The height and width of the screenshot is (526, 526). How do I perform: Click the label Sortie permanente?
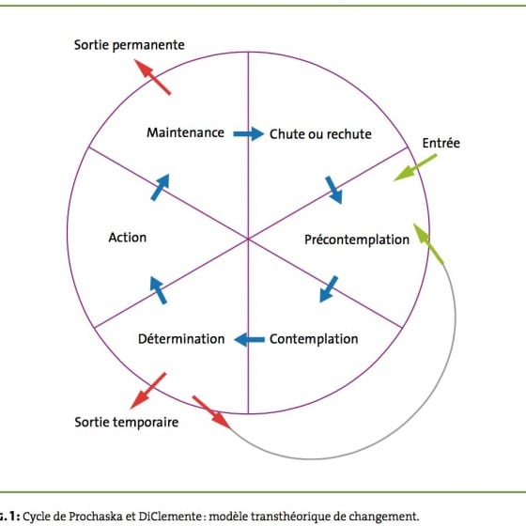click(130, 45)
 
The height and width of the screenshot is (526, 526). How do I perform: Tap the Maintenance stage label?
click(186, 132)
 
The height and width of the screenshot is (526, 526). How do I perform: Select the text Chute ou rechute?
click(320, 134)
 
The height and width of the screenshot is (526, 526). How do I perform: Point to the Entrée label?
click(441, 143)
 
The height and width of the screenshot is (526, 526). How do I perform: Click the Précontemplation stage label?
click(357, 240)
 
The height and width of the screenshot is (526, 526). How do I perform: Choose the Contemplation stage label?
click(314, 339)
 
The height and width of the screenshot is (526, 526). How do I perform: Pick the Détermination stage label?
click(181, 339)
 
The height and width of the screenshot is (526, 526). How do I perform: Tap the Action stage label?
click(128, 238)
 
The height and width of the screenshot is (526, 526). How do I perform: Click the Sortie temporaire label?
click(127, 422)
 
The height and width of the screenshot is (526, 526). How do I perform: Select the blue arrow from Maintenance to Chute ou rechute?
click(249, 133)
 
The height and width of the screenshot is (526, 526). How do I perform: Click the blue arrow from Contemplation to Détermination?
click(249, 340)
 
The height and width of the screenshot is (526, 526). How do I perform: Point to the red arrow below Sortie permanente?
click(152, 77)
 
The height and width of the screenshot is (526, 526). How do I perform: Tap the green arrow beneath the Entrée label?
click(415, 167)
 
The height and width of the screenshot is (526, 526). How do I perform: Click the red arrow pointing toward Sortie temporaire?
click(148, 391)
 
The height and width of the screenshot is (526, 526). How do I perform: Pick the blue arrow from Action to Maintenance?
click(160, 187)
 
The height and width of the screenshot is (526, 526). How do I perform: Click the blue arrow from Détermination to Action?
click(159, 290)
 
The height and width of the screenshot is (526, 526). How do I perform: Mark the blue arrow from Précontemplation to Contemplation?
click(329, 289)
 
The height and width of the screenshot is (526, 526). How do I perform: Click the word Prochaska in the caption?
click(96, 517)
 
